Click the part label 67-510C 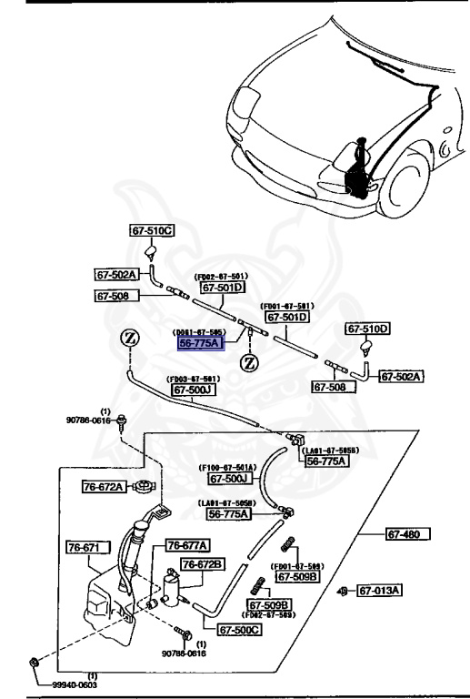pyautogui.click(x=150, y=232)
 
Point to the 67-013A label pyautogui.click(x=379, y=591)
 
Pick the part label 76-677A pyautogui.click(x=187, y=545)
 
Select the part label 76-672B pyautogui.click(x=202, y=564)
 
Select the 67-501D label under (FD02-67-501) pyautogui.click(x=223, y=288)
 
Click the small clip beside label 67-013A pyautogui.click(x=342, y=592)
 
